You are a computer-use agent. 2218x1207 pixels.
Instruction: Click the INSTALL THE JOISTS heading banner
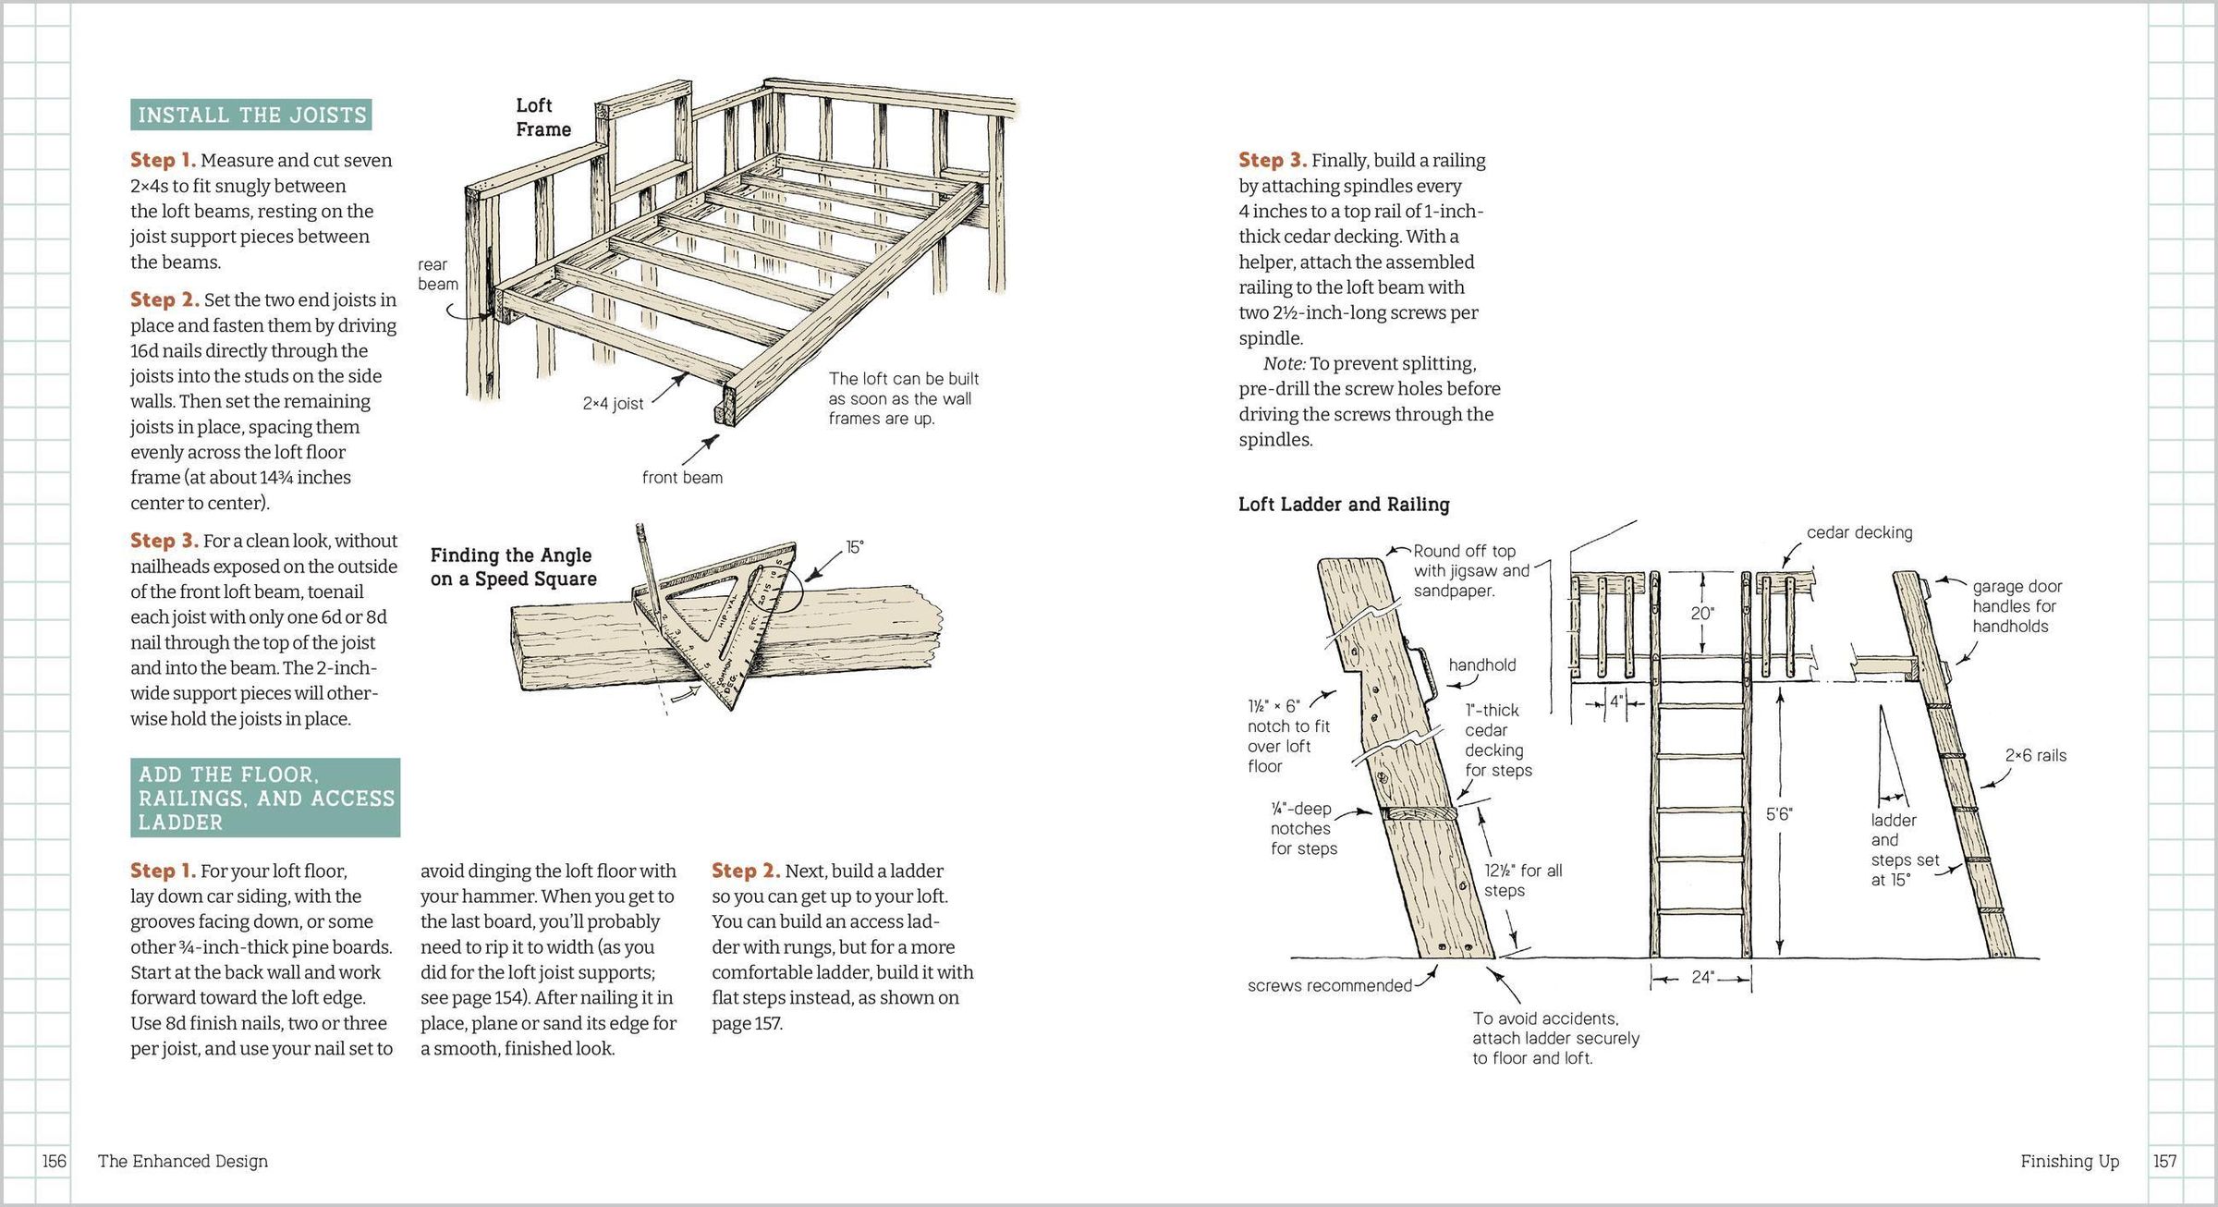click(251, 115)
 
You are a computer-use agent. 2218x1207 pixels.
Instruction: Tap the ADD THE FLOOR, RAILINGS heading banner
click(265, 798)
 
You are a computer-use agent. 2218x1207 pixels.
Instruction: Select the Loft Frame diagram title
click(543, 117)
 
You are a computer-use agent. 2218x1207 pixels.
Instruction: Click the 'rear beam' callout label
click(437, 274)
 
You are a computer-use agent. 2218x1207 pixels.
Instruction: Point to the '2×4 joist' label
click(613, 404)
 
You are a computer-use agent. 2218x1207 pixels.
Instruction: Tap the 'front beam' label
click(682, 478)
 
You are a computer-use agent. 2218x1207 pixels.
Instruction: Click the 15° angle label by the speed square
click(855, 547)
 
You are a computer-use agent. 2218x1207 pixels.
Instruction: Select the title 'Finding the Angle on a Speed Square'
click(513, 567)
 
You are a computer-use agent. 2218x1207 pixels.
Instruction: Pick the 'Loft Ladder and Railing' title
click(1344, 505)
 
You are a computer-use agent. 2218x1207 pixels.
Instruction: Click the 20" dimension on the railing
click(1702, 614)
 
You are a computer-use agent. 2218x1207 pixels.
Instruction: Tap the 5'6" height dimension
click(1779, 814)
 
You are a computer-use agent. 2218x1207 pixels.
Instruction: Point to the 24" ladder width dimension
click(1702, 977)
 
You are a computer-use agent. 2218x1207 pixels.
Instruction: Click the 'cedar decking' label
click(1859, 532)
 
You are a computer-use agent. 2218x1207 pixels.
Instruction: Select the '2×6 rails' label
click(2035, 755)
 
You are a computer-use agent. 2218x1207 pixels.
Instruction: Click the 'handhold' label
click(1482, 664)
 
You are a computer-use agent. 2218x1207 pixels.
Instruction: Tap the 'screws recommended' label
click(1329, 985)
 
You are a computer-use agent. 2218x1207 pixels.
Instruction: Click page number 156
click(55, 1161)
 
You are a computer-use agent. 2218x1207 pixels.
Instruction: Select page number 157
click(2164, 1161)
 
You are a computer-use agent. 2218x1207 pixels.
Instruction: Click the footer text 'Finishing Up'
click(2069, 1161)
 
